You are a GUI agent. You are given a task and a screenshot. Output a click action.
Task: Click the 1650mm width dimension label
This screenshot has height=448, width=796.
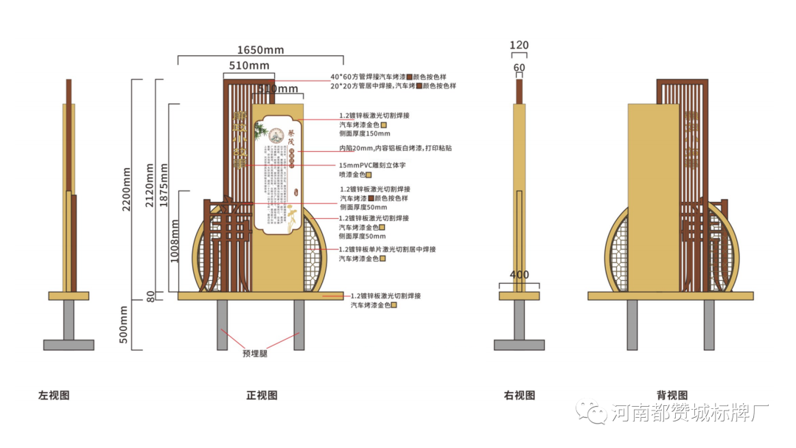coord(260,50)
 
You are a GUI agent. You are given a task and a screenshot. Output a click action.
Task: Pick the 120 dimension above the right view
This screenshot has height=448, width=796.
coord(519,46)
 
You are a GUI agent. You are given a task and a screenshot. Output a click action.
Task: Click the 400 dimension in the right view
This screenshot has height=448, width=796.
coord(519,275)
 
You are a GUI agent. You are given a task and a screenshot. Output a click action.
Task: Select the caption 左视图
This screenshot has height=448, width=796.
coord(54,396)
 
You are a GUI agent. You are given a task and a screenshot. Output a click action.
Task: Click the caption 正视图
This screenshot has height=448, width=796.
coord(262,396)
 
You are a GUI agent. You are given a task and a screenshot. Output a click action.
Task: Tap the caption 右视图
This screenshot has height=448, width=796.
coord(520,396)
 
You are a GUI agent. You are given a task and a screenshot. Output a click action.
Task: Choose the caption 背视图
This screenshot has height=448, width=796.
coord(671,396)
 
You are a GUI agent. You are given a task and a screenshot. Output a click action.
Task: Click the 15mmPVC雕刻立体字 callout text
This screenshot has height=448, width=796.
coord(371,165)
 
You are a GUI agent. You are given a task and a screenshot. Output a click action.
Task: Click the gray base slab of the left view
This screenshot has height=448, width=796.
coord(69,345)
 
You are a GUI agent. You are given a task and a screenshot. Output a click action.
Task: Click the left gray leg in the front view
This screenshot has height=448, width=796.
coord(222,325)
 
